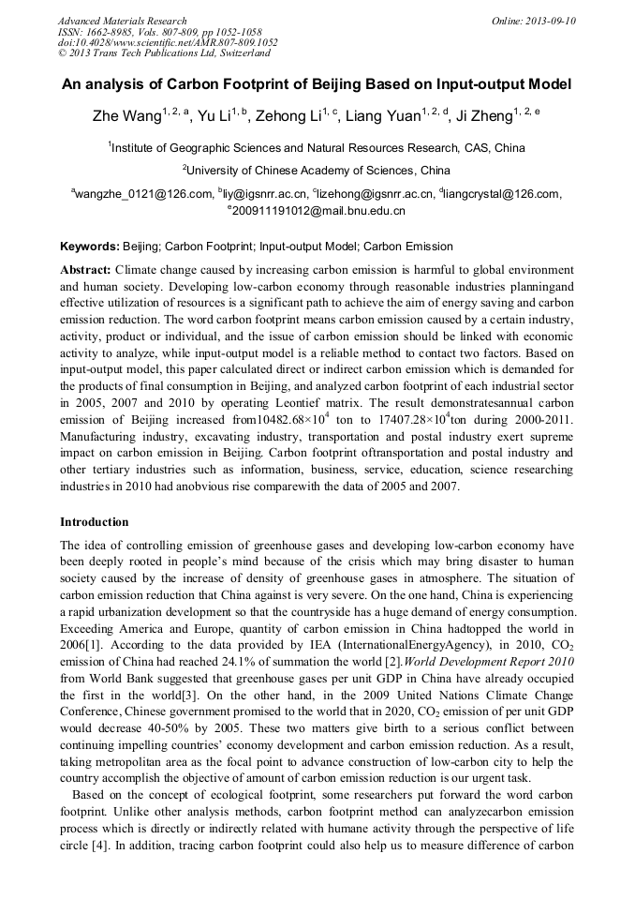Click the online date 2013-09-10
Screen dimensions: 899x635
point(546,21)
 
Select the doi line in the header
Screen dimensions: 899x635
point(168,43)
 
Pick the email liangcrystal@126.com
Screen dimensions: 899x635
point(504,194)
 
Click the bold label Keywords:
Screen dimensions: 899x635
point(90,247)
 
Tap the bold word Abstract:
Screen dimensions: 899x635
point(85,269)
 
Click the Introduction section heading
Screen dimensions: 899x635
point(95,522)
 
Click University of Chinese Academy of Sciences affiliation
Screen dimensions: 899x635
point(318,171)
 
